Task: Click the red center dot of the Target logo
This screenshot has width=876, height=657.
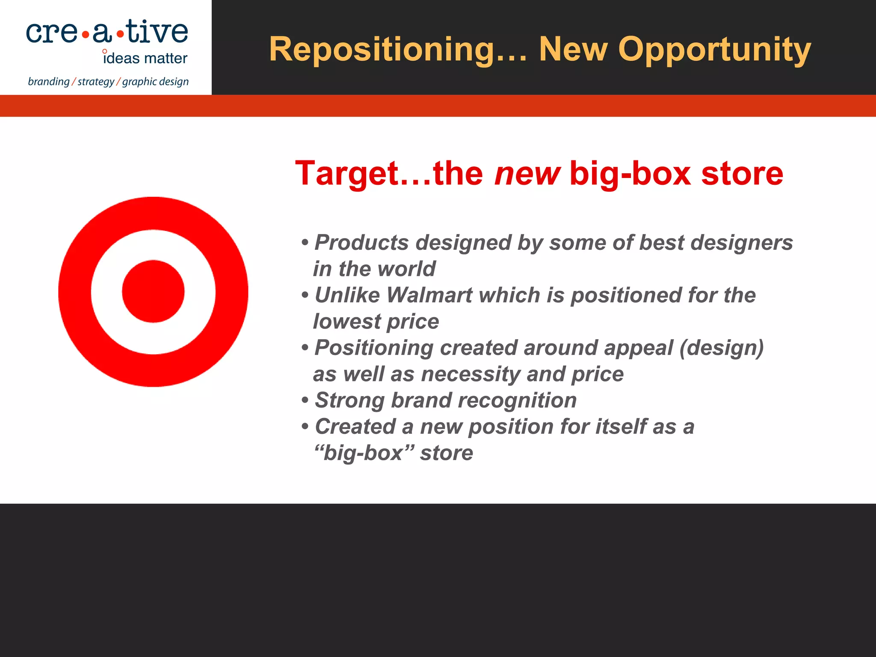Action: [153, 291]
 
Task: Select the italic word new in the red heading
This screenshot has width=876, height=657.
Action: [527, 174]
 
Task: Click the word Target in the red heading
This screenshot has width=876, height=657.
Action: [347, 174]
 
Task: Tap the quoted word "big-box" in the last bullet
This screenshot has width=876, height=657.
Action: [364, 453]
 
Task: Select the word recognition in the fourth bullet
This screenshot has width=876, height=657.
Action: [517, 400]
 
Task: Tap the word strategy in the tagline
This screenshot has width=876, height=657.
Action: [96, 81]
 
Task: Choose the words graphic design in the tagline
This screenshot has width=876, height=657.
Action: [155, 81]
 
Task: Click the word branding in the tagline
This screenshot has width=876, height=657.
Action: [49, 81]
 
